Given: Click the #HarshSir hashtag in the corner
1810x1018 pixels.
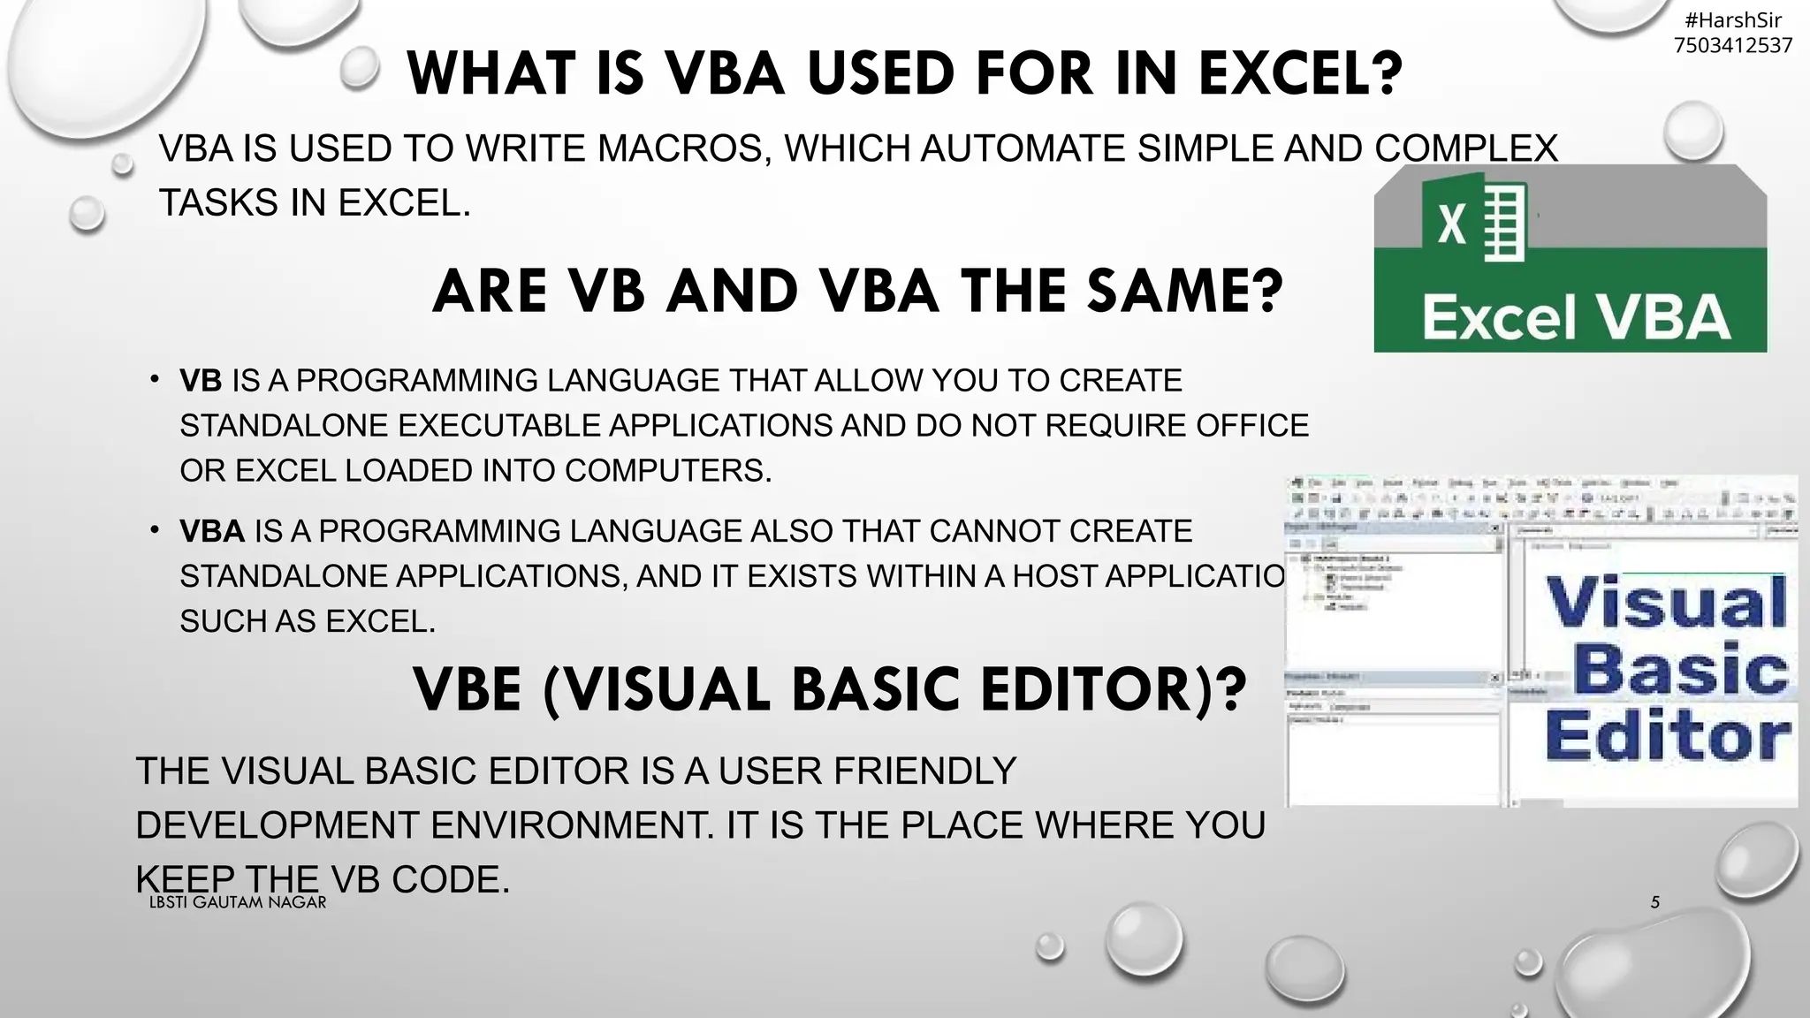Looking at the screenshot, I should (x=1733, y=20).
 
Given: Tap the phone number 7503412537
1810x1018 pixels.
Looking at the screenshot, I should (x=1733, y=45).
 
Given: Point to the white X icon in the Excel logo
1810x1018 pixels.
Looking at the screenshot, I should (x=1452, y=223).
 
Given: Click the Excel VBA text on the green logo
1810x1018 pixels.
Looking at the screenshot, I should (x=1575, y=318).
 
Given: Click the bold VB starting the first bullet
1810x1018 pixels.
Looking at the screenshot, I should (x=201, y=381).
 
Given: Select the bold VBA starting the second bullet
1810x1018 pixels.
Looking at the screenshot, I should (x=212, y=531).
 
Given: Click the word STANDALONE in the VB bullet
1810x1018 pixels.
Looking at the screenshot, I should (x=284, y=426).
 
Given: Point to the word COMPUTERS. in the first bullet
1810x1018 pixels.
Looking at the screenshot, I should (x=668, y=471).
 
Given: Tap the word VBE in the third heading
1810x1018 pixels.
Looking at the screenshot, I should (x=468, y=690).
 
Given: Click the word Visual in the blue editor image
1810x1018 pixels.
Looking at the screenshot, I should (x=1666, y=603).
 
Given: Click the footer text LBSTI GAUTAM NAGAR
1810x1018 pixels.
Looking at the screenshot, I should (x=238, y=902).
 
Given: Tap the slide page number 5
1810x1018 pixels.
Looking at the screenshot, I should (x=1655, y=902).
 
